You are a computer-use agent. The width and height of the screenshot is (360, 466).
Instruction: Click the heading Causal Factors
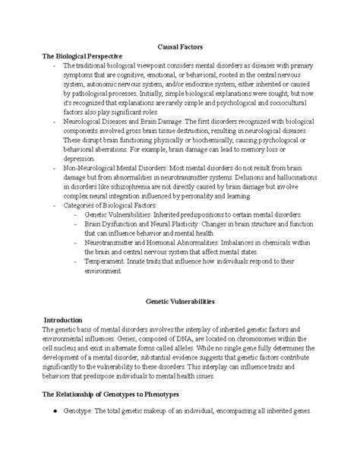[x=179, y=47]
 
